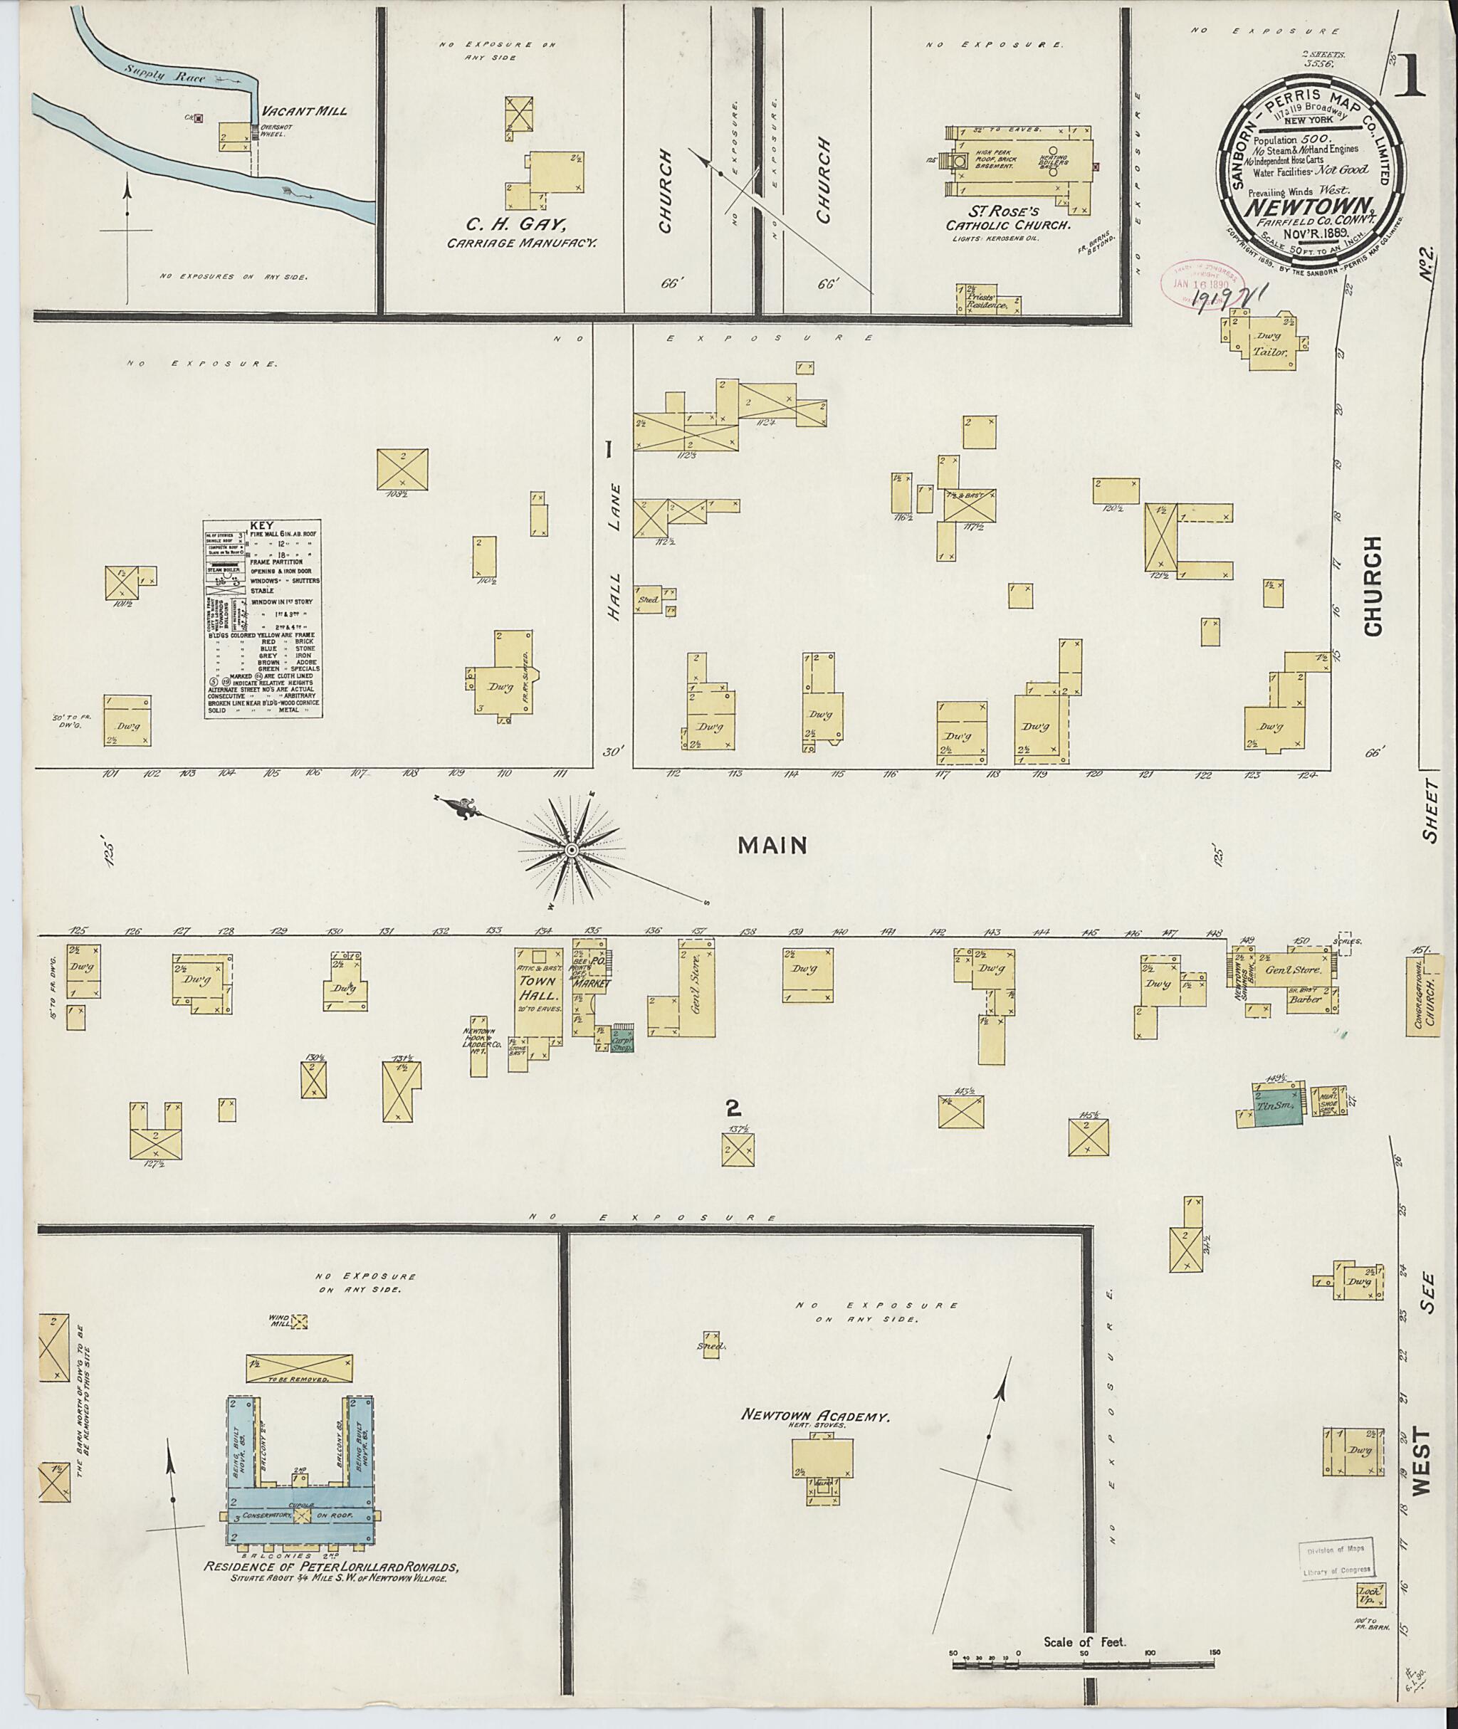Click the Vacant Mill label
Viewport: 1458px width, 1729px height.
[304, 112]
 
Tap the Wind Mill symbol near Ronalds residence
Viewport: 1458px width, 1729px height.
[298, 1322]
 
